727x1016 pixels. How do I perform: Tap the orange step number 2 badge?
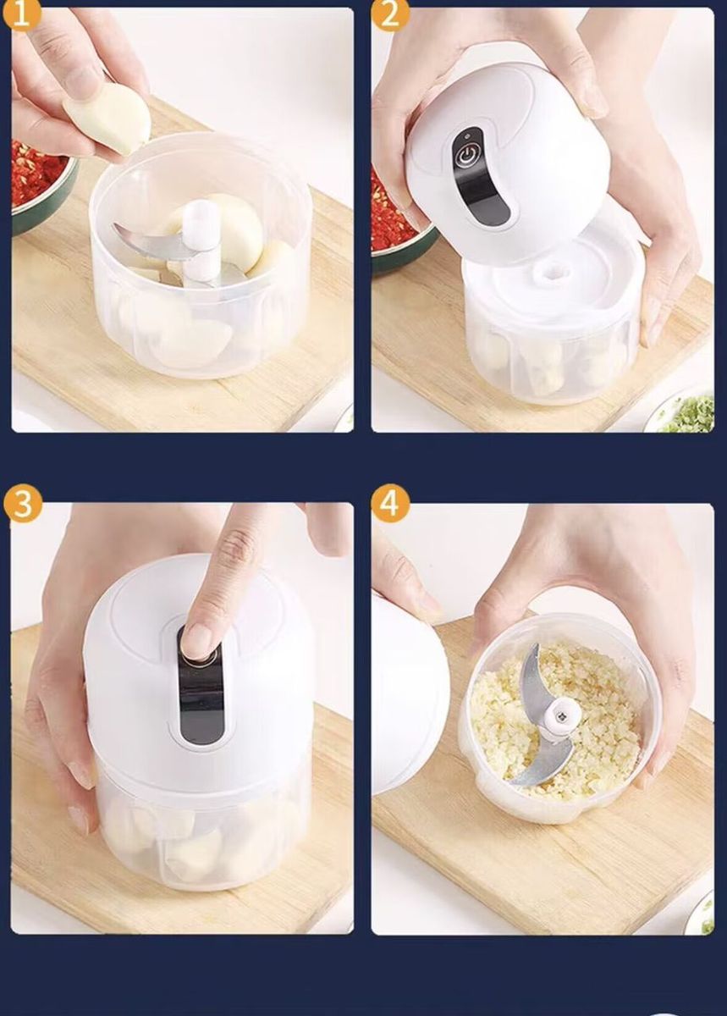pos(389,14)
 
